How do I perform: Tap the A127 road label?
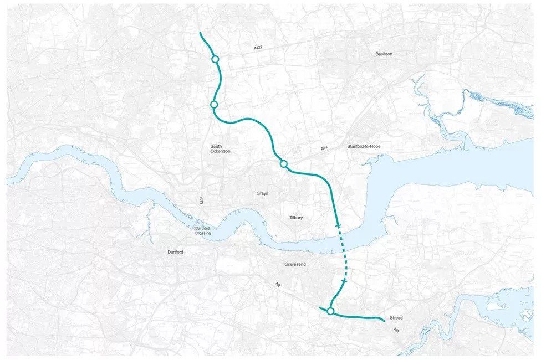[258, 48]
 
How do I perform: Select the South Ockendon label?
[220, 148]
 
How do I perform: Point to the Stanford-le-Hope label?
[364, 146]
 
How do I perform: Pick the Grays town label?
[262, 193]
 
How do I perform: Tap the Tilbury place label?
[296, 218]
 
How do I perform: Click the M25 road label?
[202, 200]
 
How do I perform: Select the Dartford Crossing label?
[202, 230]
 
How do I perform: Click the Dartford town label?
[175, 252]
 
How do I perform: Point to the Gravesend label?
[295, 265]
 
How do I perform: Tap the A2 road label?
[278, 285]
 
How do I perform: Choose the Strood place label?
[396, 318]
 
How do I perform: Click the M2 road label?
[396, 331]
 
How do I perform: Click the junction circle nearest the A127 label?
[215, 60]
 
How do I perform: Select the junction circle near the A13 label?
[283, 163]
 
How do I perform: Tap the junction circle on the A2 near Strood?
[330, 312]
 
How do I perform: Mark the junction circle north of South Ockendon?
[214, 105]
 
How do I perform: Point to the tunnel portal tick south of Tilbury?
[338, 225]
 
